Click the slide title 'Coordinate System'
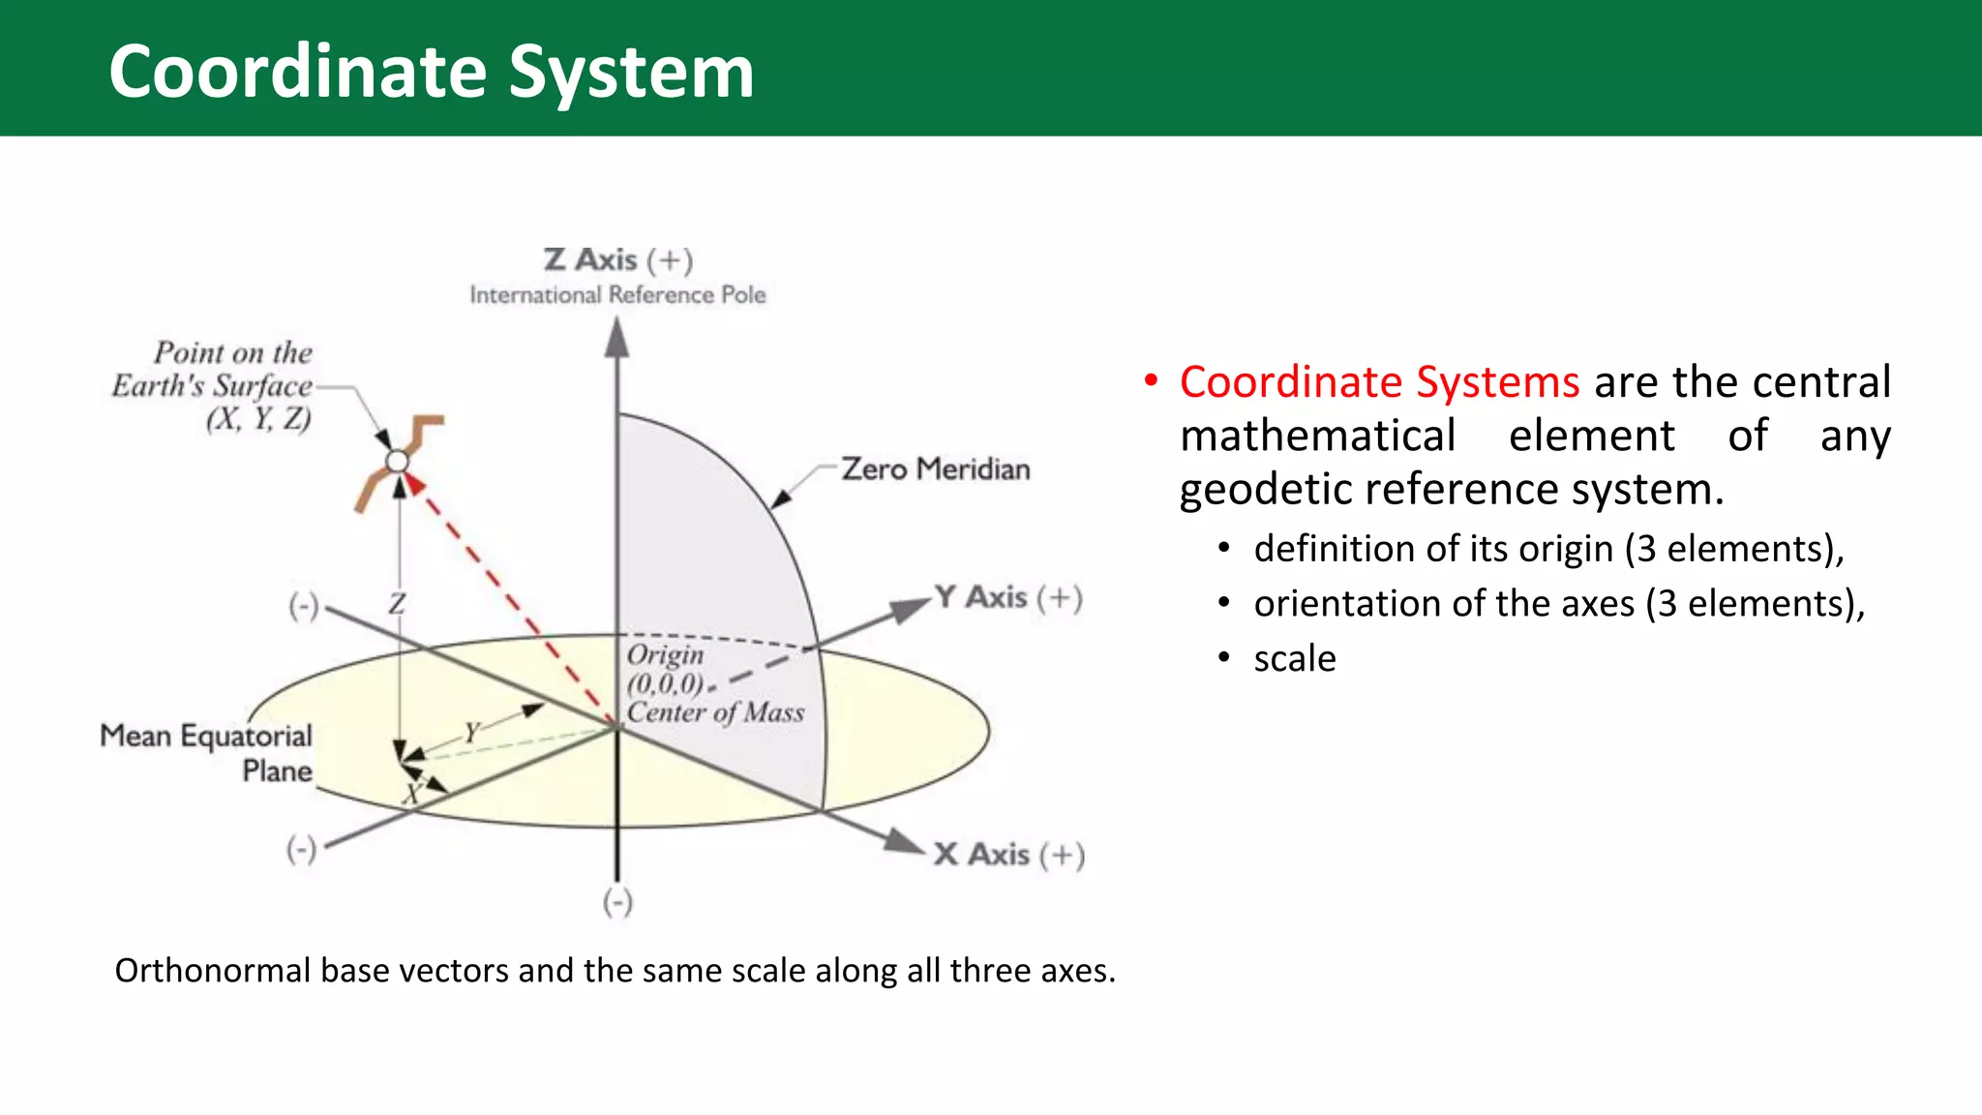point(431,72)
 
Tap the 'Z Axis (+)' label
point(617,260)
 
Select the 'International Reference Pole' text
point(617,295)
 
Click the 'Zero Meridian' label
point(935,469)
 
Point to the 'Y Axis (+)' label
point(1007,597)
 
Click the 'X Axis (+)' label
point(1008,855)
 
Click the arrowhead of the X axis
point(908,842)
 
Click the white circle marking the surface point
point(398,462)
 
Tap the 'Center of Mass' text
point(715,713)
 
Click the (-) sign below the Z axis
point(617,902)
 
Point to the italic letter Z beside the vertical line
point(397,604)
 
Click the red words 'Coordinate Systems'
point(1379,382)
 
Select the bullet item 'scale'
point(1294,659)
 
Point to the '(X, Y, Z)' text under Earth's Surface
point(258,419)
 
